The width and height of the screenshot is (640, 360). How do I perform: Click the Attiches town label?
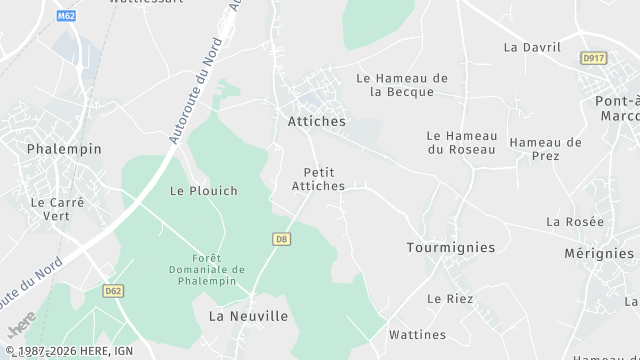pyautogui.click(x=310, y=121)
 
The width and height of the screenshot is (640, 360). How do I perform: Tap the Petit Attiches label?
pyautogui.click(x=319, y=179)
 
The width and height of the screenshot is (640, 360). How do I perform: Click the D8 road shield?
pyautogui.click(x=281, y=239)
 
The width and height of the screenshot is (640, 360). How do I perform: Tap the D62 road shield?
pyautogui.click(x=112, y=291)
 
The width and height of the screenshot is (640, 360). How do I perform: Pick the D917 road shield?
pyautogui.click(x=594, y=58)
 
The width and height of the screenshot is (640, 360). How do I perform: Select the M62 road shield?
pyautogui.click(x=67, y=16)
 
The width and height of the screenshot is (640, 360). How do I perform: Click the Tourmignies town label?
pyautogui.click(x=451, y=247)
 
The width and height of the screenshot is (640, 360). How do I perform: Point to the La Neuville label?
pyautogui.click(x=248, y=316)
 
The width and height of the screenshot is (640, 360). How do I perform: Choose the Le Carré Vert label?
pyautogui.click(x=58, y=208)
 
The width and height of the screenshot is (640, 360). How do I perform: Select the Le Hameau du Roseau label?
pyautogui.click(x=461, y=142)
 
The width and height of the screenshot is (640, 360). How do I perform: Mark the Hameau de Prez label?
pyautogui.click(x=545, y=149)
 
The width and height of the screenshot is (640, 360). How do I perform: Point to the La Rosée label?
pyautogui.click(x=575, y=221)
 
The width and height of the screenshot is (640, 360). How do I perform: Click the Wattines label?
pyautogui.click(x=417, y=334)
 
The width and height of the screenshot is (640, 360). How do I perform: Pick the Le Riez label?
pyautogui.click(x=450, y=298)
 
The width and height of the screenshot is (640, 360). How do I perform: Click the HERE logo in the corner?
pyautogui.click(x=22, y=324)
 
